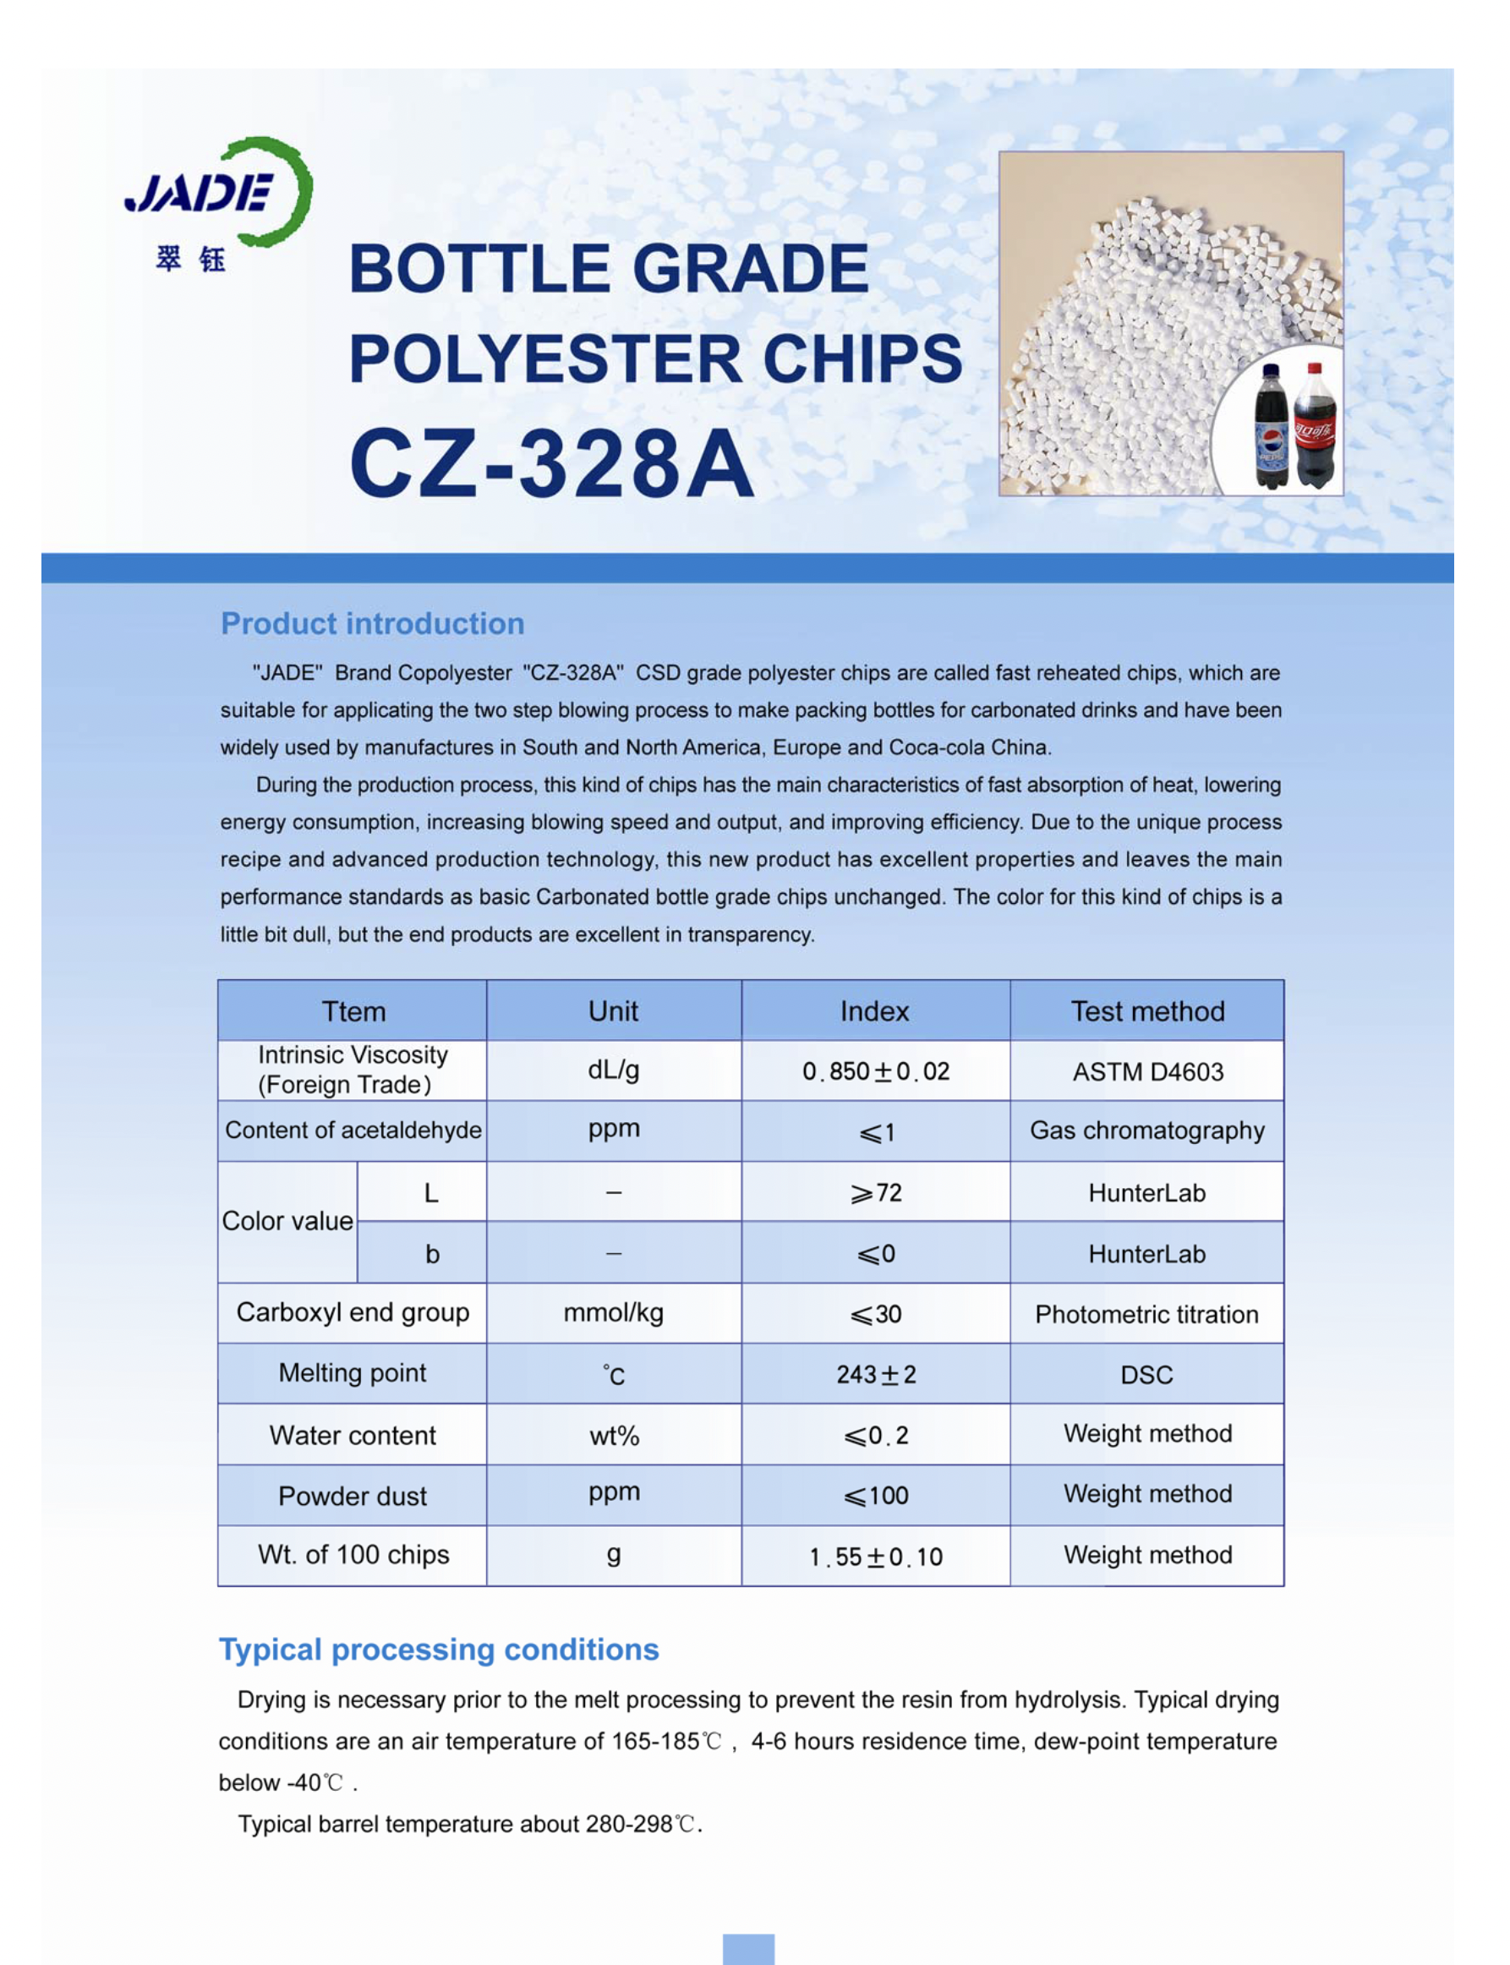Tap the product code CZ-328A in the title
551,464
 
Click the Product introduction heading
372,624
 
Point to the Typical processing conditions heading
439,1650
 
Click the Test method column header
1147,1011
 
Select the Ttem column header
353,1011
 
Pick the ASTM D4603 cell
1147,1071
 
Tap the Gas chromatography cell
1147,1130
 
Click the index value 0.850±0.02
875,1071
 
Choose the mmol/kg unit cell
613,1313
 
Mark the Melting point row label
353,1373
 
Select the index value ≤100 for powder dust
875,1496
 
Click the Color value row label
287,1222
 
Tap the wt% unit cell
614,1436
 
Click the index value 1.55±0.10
875,1557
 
